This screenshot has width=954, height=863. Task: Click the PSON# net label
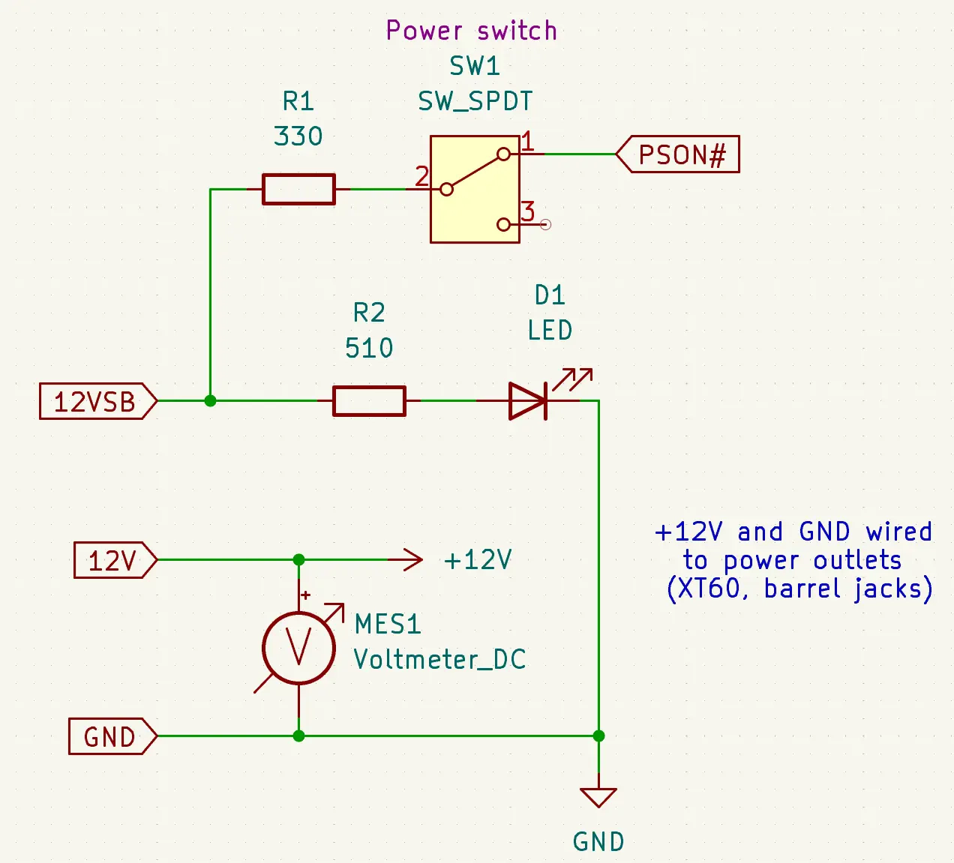point(679,154)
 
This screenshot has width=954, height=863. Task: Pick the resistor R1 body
point(298,189)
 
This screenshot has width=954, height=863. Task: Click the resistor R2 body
point(369,401)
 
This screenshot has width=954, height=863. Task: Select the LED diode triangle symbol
point(528,401)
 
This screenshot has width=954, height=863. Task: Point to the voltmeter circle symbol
point(298,648)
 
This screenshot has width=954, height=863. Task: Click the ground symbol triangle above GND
point(598,796)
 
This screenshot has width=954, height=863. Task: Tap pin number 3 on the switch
point(528,211)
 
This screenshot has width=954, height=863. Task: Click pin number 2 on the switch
point(422,176)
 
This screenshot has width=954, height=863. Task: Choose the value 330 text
point(298,136)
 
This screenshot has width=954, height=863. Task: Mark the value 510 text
point(369,348)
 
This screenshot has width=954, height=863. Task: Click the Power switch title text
point(472,31)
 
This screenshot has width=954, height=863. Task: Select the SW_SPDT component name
point(475,101)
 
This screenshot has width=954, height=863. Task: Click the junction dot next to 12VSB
point(211,401)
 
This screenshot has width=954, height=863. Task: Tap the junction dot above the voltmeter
point(298,560)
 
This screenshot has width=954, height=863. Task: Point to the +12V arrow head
point(412,560)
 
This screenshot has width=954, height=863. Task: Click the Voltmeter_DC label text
point(439,659)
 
